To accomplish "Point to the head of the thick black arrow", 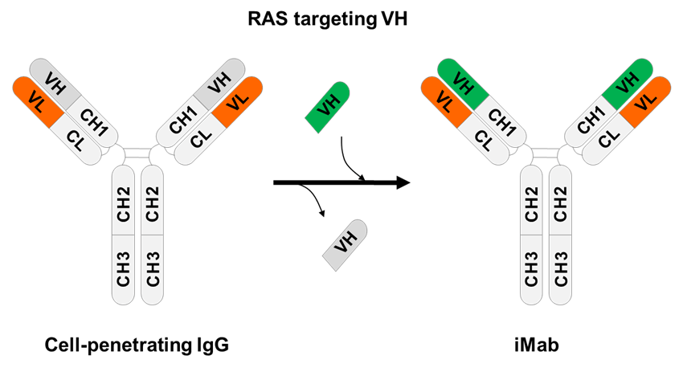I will [x=401, y=183].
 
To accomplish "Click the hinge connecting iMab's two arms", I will [x=546, y=153].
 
